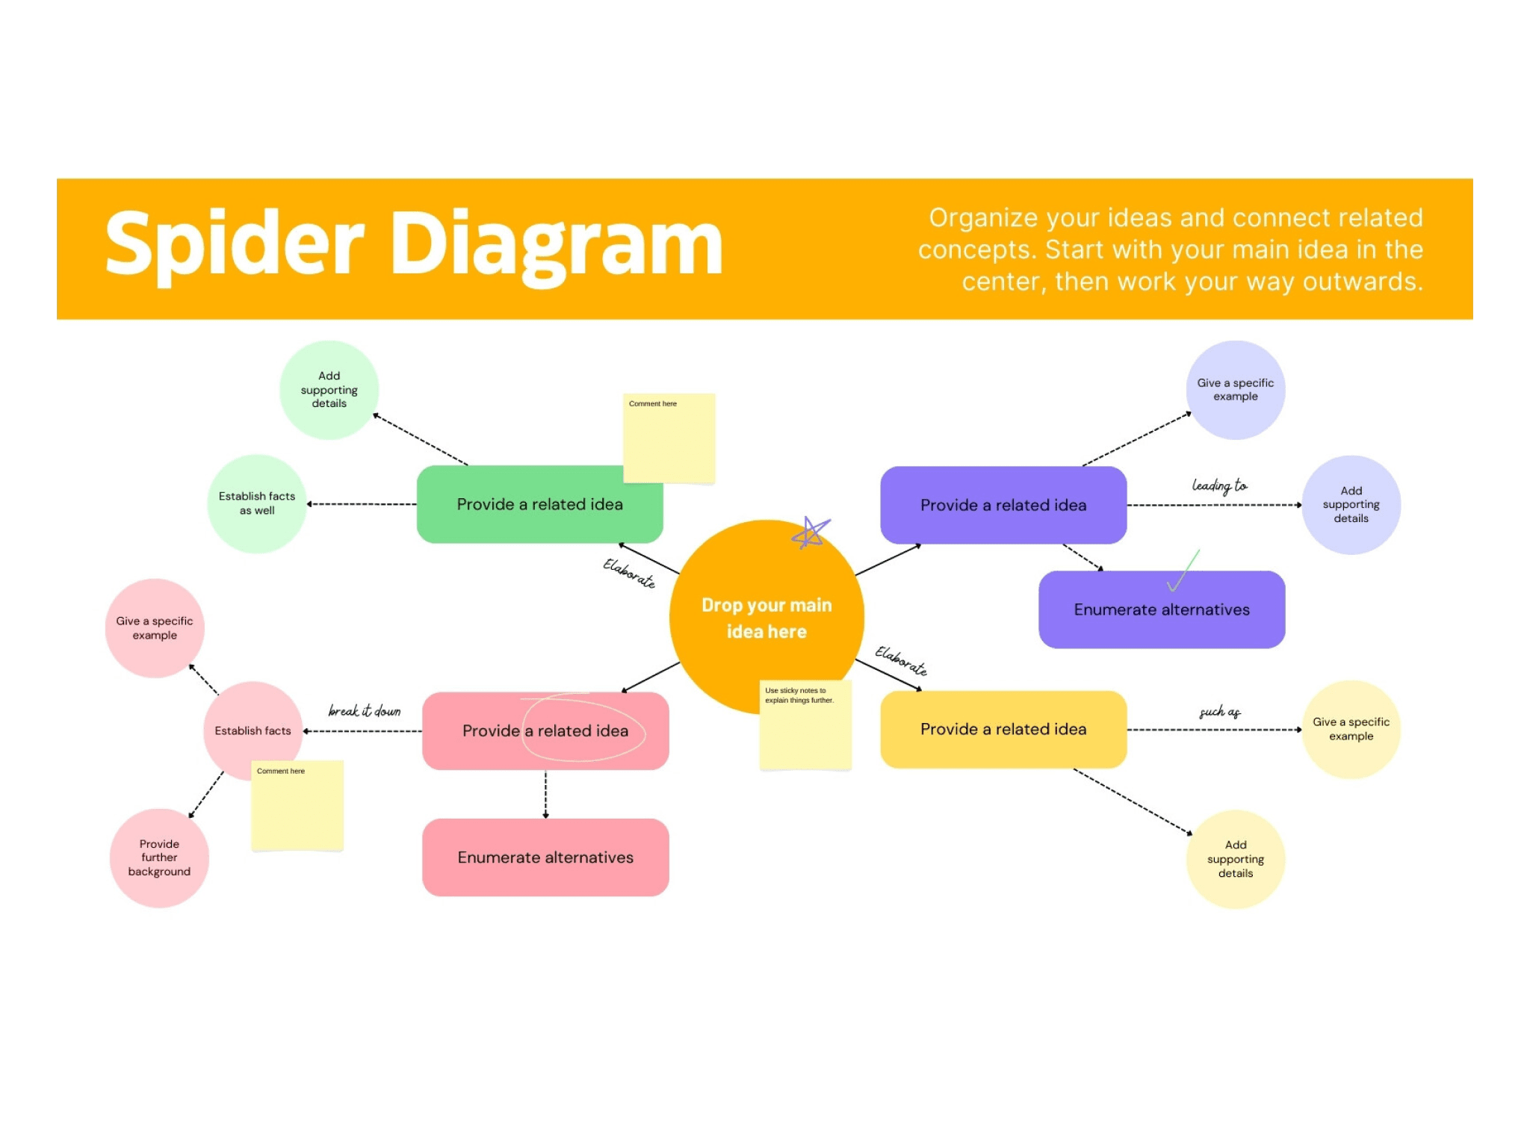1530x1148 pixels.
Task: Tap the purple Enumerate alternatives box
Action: [x=1161, y=610]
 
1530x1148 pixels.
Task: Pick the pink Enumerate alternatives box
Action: [x=545, y=857]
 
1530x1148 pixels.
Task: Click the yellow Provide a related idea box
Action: [x=1003, y=730]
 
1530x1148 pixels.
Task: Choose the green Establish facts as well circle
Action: [x=256, y=503]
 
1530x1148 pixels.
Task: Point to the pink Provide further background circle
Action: [x=159, y=857]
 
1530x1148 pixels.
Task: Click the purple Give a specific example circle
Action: [x=1235, y=390]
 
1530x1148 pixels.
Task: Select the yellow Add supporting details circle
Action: [x=1235, y=859]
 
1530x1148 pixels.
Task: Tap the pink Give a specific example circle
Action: [x=155, y=628]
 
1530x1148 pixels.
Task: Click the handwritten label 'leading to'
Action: [x=1219, y=486]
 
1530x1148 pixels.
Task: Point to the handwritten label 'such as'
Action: [x=1219, y=712]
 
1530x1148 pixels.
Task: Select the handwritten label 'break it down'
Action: [x=365, y=711]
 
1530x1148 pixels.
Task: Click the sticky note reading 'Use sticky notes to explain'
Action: [x=805, y=725]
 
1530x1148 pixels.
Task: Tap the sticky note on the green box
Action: [x=669, y=438]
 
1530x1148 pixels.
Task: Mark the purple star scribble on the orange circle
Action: [x=810, y=533]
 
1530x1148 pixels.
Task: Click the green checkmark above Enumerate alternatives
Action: [x=1183, y=571]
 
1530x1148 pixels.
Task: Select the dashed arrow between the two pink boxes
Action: [x=545, y=794]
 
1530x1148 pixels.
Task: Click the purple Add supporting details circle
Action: [x=1351, y=505]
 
